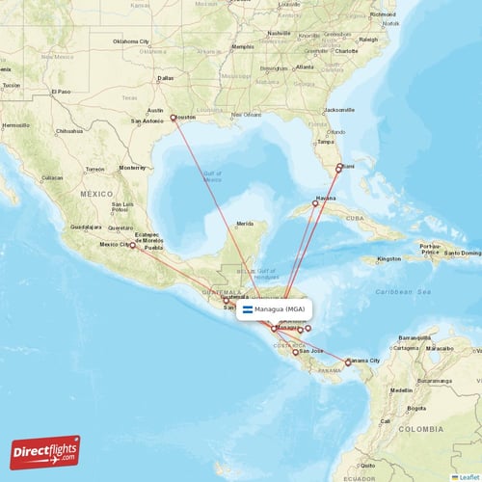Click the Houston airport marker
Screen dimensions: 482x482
point(174,119)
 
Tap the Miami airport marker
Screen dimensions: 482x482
point(338,168)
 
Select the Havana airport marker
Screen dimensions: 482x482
point(315,202)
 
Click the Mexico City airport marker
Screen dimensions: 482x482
point(133,246)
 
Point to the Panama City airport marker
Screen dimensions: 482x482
point(348,362)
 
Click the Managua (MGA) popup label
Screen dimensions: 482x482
point(281,310)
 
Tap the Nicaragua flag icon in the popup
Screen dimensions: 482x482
point(248,310)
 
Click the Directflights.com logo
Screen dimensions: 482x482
point(45,451)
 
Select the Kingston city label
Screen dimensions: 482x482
point(389,258)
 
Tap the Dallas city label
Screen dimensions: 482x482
point(166,77)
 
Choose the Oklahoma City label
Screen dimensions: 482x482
point(132,41)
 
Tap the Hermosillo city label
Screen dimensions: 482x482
point(16,125)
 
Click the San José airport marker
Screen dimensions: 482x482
point(296,352)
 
